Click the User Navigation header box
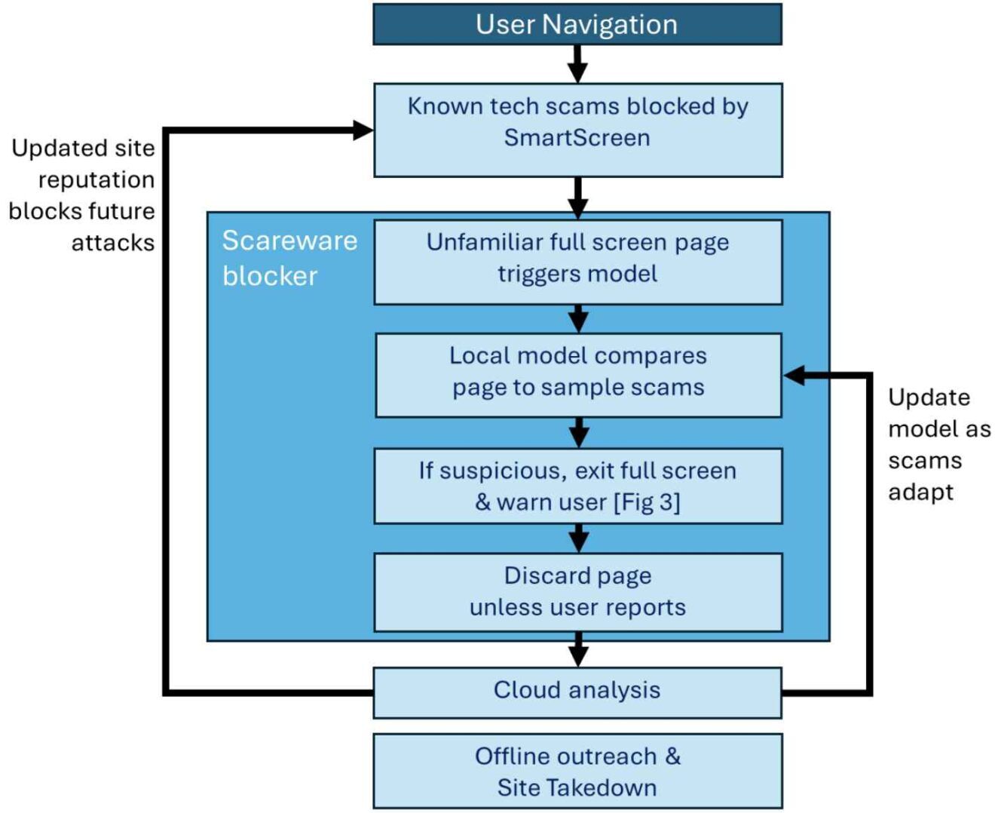577,24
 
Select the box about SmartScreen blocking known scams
577,130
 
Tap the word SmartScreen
577,138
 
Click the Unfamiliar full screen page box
577,262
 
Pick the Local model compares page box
577,375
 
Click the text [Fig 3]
647,502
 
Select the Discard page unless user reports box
577,592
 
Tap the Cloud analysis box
577,691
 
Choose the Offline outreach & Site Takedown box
577,772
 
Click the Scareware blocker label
289,258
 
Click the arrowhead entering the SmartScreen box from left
363,130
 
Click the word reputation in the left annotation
96,180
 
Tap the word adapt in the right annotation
920,492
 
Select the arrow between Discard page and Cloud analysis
577,649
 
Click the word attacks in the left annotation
113,243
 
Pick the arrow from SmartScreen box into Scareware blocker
577,198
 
